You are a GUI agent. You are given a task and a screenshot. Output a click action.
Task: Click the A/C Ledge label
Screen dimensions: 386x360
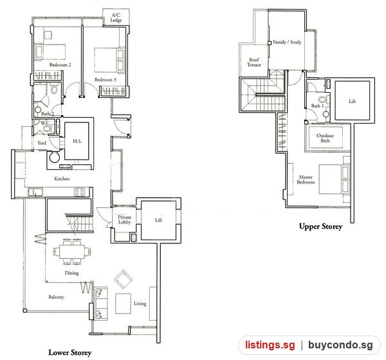click(116, 17)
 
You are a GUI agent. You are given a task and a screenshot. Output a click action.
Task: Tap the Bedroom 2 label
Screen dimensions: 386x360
click(60, 65)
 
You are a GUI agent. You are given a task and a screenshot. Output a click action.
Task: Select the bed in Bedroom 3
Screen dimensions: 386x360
click(109, 61)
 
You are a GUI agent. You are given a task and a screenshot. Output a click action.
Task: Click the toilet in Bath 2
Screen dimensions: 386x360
click(54, 88)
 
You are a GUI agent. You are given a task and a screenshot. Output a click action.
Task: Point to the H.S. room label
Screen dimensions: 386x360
click(77, 141)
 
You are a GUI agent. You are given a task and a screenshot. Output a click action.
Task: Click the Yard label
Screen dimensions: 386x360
click(42, 143)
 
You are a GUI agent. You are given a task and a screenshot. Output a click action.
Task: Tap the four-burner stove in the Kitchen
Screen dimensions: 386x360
click(80, 192)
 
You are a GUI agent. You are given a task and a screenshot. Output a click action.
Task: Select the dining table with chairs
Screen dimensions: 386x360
click(72, 251)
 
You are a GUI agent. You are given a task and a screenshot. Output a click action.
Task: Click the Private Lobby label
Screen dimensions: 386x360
click(125, 220)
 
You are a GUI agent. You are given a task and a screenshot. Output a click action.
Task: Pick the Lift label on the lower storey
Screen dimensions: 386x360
click(158, 220)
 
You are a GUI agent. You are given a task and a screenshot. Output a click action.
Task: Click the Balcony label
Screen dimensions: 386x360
click(56, 297)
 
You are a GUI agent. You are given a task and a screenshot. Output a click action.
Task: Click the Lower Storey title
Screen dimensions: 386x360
click(70, 353)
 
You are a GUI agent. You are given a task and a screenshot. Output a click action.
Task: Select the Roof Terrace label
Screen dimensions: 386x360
click(254, 62)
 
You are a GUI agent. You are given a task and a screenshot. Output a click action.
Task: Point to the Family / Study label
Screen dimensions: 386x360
click(287, 42)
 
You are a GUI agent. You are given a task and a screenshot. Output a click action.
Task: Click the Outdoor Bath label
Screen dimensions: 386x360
click(325, 138)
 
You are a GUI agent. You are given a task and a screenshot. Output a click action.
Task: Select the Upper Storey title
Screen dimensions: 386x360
click(321, 227)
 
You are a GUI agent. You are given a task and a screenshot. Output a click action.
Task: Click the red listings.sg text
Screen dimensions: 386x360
click(270, 345)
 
